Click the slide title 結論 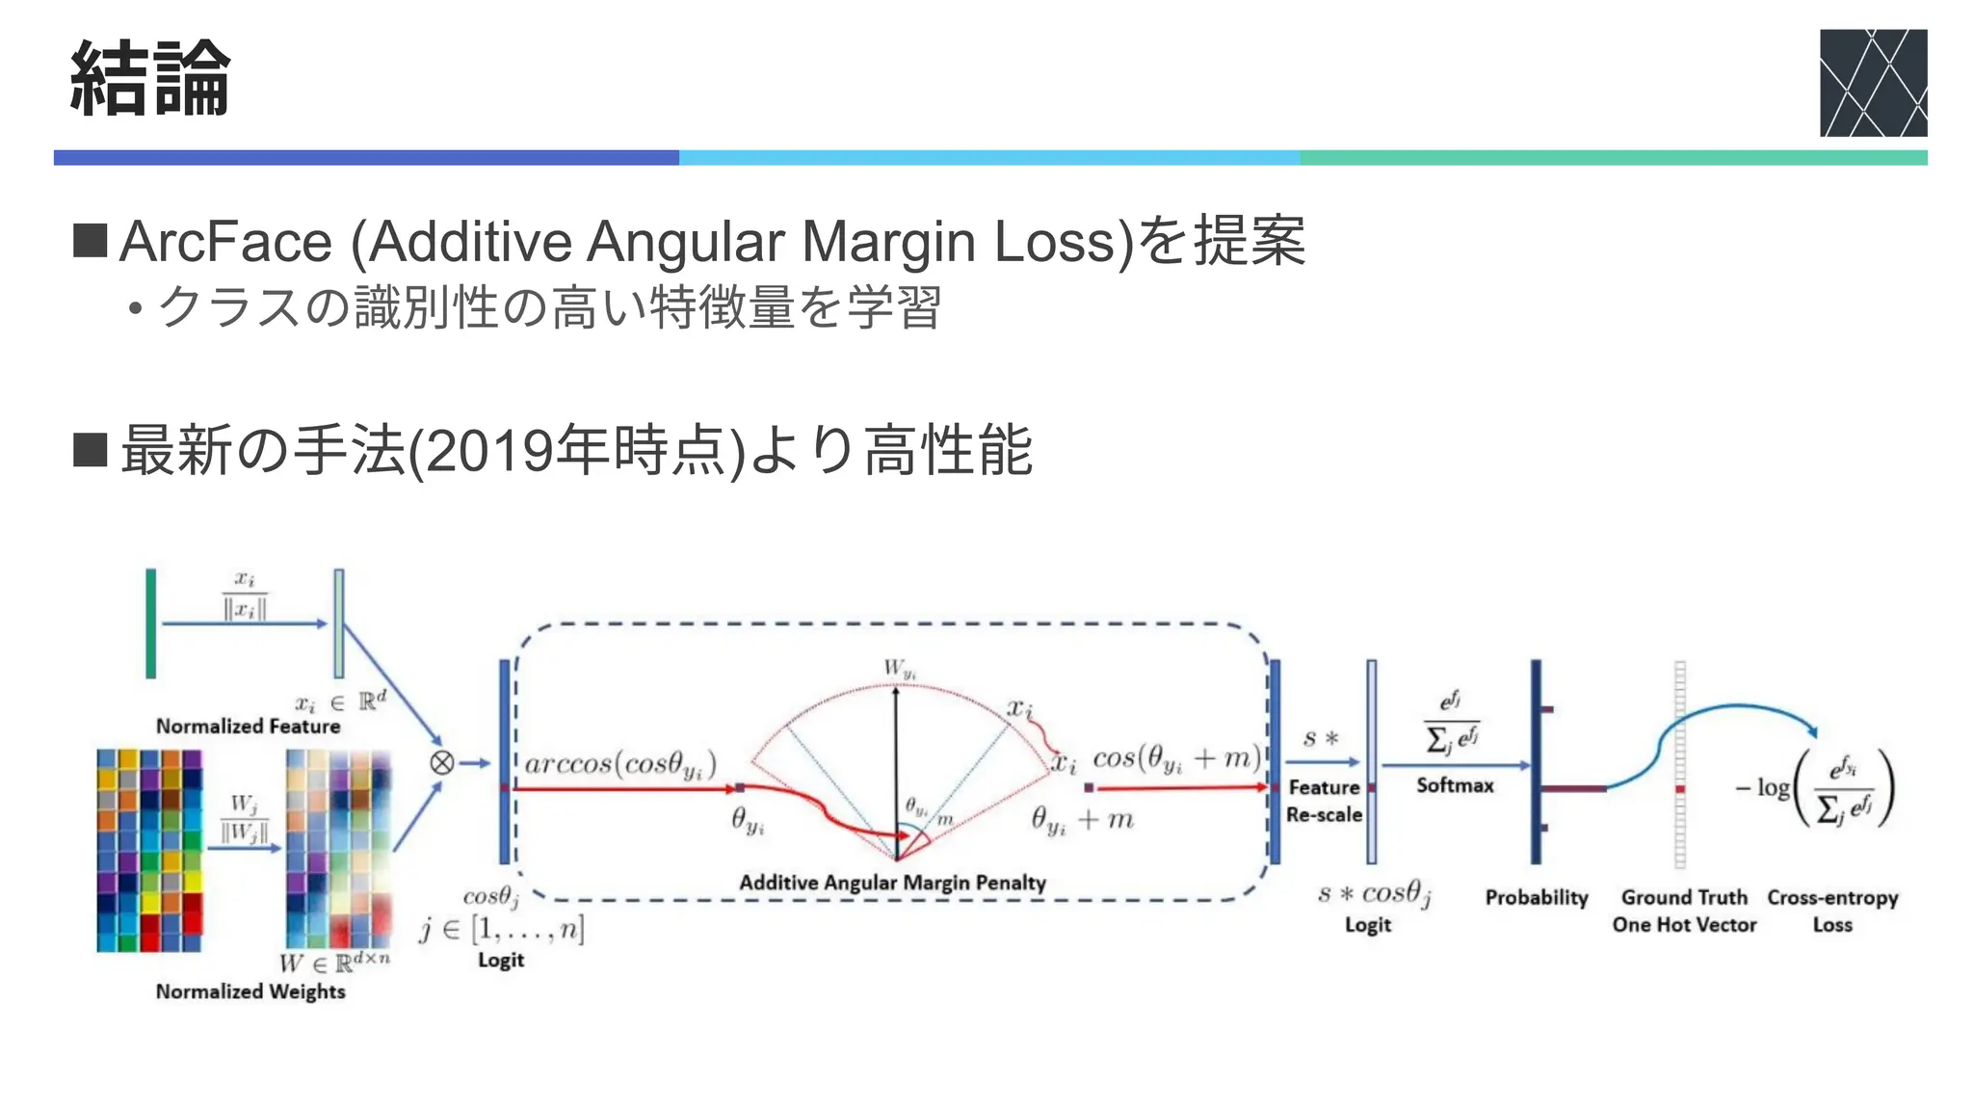coord(150,79)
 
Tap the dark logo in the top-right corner coord(1872,83)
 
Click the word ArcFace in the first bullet coord(225,241)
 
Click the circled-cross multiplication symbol coord(441,763)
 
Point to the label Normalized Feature coord(248,727)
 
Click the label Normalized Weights coord(250,991)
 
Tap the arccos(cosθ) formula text coord(620,764)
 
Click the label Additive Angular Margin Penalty coord(892,883)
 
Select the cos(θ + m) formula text coord(1176,759)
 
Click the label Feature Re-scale coord(1324,801)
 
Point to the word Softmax coord(1455,785)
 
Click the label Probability coord(1536,898)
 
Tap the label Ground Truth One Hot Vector coord(1684,911)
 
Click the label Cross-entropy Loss coord(1832,911)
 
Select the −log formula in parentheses coord(1816,789)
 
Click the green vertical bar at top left coord(151,623)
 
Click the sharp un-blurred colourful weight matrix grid coord(149,851)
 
